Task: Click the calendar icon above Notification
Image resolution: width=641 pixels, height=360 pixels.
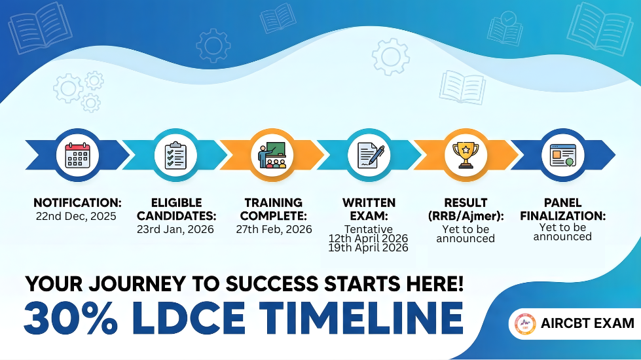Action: coord(78,155)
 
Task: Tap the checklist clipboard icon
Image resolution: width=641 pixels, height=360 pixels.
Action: coord(175,155)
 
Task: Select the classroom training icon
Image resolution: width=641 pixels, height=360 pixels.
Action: coord(272,155)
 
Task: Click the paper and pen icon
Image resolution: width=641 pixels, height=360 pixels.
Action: coord(370,155)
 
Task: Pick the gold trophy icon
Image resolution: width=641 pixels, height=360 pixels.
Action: coord(466,155)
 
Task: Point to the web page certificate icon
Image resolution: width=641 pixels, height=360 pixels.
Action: coord(563,155)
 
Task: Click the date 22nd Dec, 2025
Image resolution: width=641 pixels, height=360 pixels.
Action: coord(76,216)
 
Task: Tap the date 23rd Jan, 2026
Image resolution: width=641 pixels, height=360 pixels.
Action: coord(175,229)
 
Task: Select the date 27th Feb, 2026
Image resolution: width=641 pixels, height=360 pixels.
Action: coord(274,229)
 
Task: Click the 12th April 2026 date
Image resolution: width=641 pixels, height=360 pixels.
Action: coord(369,238)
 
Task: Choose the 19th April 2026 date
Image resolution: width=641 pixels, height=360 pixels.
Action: coord(369,247)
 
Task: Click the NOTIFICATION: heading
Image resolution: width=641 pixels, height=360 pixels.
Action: coord(78,203)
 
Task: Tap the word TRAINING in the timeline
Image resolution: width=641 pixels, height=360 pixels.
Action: coord(274,203)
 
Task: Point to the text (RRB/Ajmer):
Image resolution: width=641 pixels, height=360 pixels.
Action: coord(466,216)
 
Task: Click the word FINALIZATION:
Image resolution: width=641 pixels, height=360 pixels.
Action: coord(563,216)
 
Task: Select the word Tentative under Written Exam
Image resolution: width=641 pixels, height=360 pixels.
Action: coord(369,229)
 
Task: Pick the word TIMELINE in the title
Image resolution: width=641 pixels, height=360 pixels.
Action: coord(361,318)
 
